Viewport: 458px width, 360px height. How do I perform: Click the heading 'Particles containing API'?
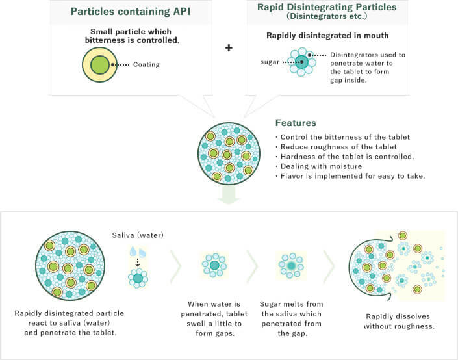click(131, 12)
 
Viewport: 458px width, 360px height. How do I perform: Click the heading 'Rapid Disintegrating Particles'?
click(327, 7)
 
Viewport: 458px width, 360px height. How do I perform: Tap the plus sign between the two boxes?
click(229, 47)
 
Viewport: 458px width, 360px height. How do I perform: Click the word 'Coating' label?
click(146, 64)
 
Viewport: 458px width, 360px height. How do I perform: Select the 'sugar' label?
click(270, 62)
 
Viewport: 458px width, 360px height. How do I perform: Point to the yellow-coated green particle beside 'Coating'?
click(99, 64)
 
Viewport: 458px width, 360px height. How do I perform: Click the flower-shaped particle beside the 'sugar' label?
click(301, 62)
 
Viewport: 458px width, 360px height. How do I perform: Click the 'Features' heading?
click(296, 123)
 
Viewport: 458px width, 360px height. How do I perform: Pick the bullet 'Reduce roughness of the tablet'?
click(337, 147)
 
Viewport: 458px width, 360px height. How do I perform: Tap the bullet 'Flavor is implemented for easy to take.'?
click(350, 176)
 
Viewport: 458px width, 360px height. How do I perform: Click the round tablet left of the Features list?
click(229, 153)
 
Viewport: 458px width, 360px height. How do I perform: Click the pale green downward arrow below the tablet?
click(229, 195)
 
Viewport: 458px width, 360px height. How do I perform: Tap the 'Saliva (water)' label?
click(138, 235)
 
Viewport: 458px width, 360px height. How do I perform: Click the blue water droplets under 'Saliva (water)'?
click(138, 252)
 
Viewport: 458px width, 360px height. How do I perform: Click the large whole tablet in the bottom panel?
click(70, 266)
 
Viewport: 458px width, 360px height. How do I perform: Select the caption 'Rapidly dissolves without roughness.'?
click(399, 321)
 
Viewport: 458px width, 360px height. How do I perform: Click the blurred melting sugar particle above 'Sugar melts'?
click(291, 266)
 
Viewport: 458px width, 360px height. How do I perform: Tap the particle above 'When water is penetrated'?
click(214, 265)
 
